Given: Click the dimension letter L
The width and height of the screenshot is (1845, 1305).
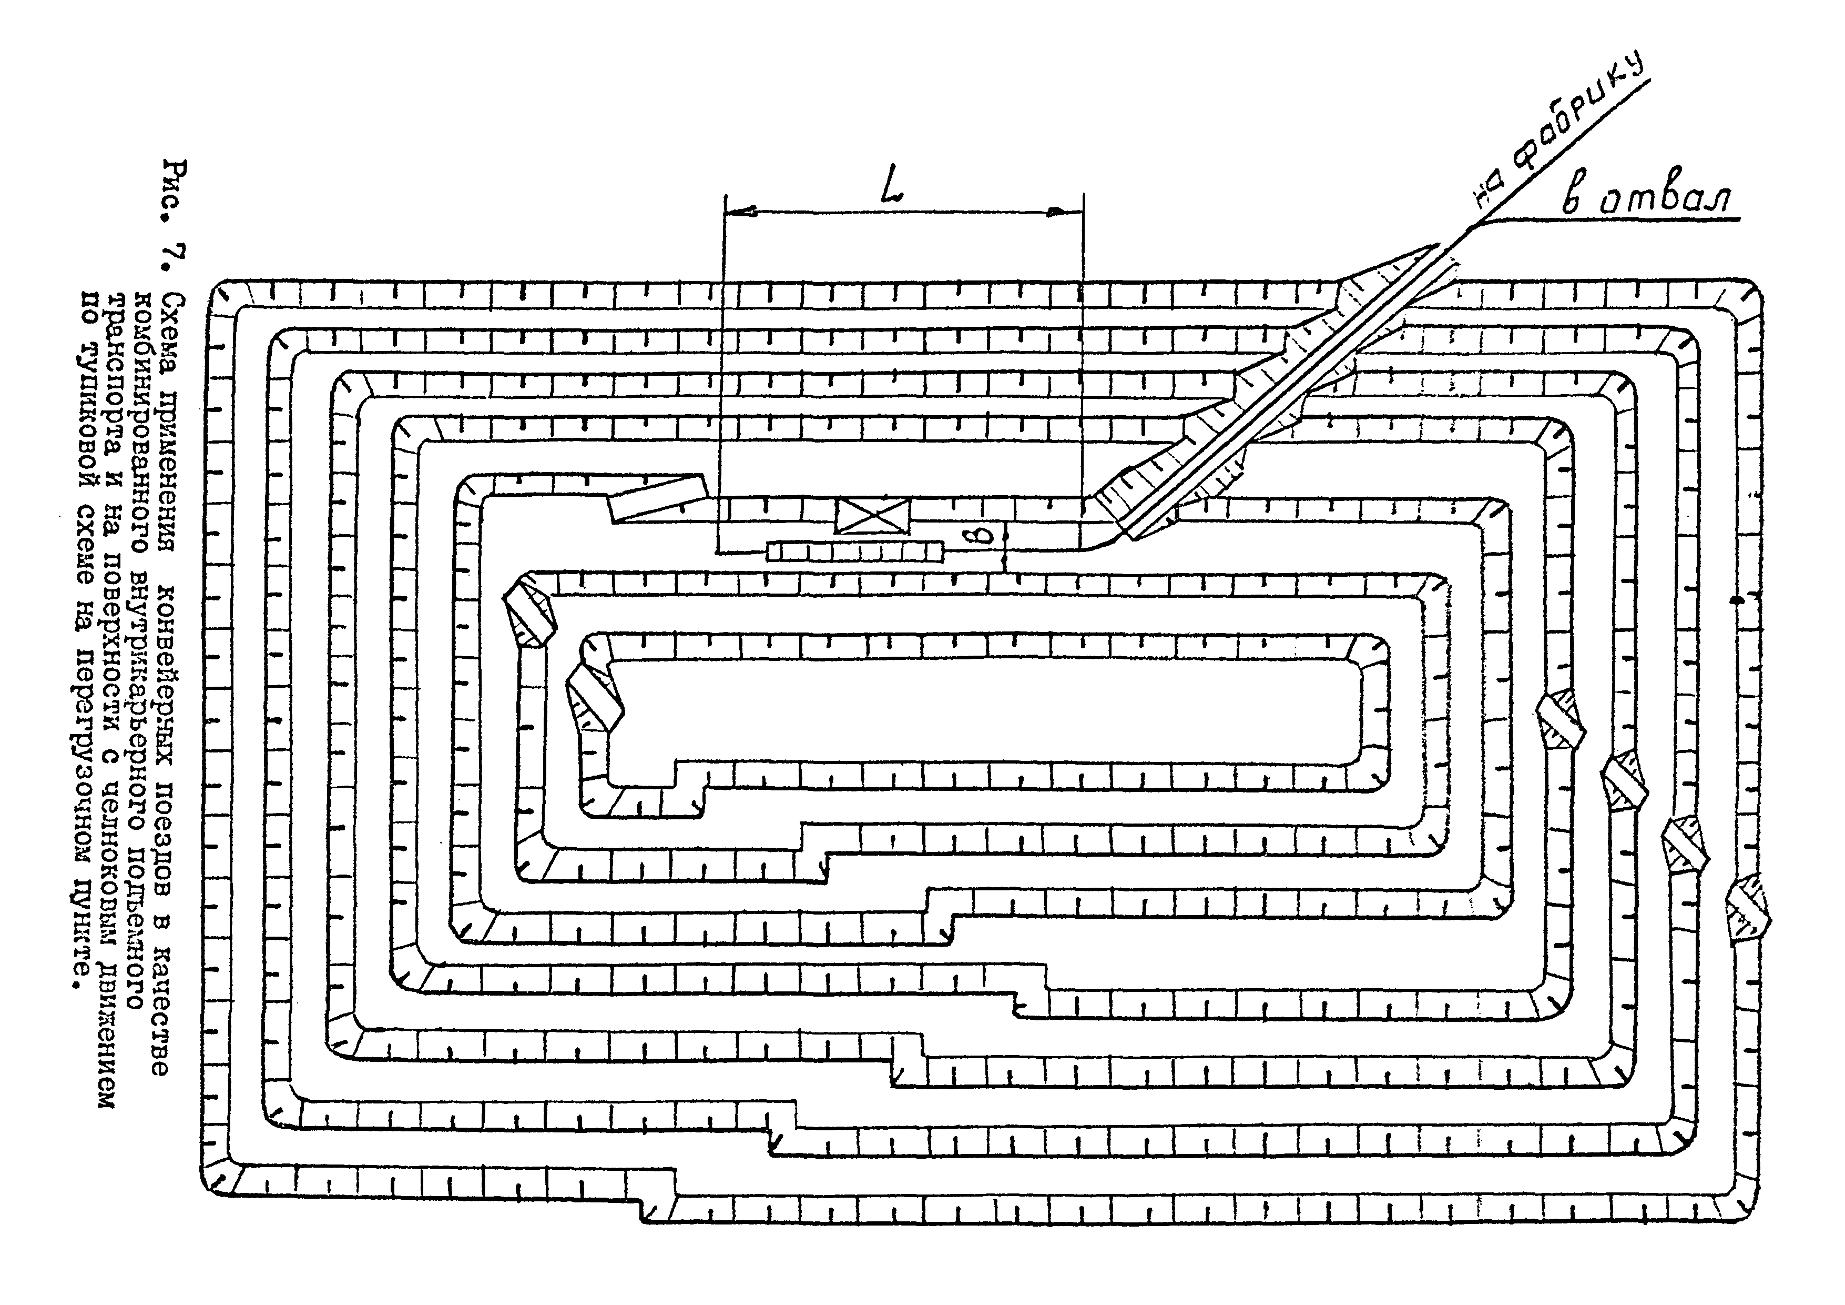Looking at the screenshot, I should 890,187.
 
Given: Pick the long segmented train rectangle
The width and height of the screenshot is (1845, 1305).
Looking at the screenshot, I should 854,551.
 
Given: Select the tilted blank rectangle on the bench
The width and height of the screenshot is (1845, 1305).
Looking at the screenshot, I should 657,498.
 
